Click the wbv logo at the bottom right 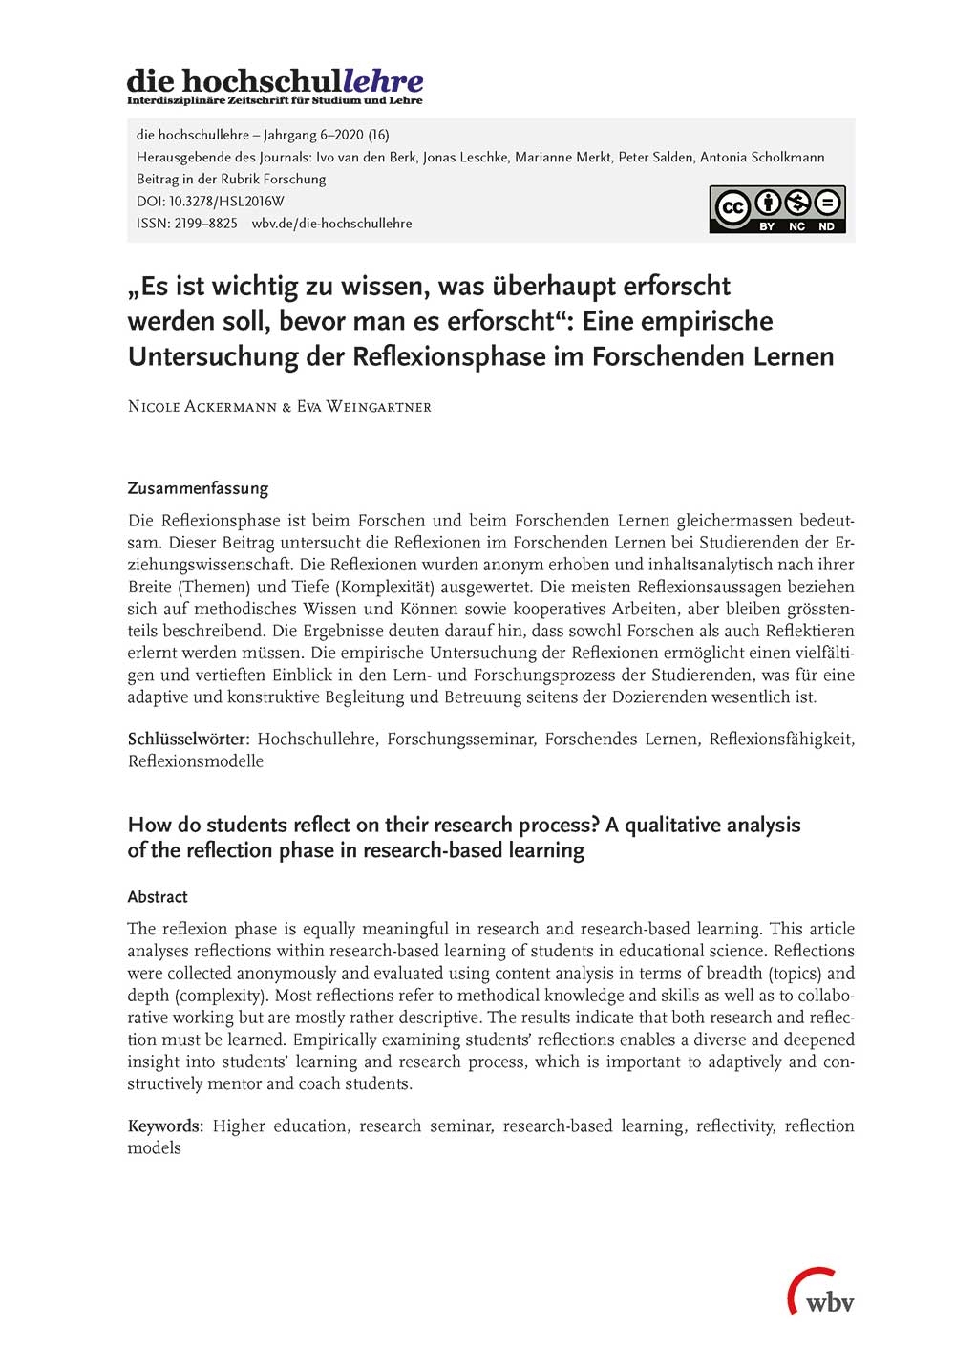821,1293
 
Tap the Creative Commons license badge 776,209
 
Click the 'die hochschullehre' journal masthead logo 275,85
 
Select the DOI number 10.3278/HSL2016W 226,202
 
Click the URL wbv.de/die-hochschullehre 332,224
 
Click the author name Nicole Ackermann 202,407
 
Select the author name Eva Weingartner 364,407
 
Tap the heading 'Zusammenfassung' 198,488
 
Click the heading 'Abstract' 158,897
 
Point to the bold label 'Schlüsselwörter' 188,740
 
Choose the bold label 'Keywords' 164,1126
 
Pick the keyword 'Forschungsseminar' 460,740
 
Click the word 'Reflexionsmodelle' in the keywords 196,761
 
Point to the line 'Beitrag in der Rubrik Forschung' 231,180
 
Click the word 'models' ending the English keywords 154,1148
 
